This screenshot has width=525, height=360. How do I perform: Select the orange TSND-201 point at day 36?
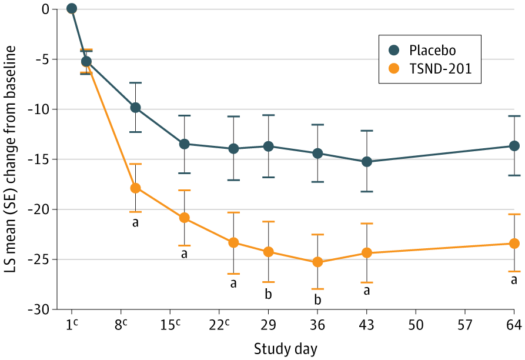[x=317, y=262]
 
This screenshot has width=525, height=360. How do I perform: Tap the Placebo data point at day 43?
[x=366, y=161]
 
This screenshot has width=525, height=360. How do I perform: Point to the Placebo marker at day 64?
[x=514, y=145]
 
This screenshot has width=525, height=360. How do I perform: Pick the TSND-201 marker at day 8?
[x=135, y=188]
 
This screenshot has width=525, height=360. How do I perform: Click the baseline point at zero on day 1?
[x=72, y=8]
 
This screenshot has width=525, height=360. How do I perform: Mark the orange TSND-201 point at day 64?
[x=514, y=243]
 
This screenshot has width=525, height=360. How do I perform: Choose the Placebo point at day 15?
[x=184, y=144]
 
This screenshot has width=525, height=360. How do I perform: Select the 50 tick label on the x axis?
[x=416, y=325]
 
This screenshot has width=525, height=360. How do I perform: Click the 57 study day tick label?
[x=465, y=325]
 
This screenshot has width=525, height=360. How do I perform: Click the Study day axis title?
[x=285, y=349]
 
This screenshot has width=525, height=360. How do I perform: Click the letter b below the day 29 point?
[x=268, y=293]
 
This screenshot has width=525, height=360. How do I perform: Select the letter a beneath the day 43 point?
[x=366, y=291]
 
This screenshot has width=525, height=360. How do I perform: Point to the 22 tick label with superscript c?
[x=219, y=325]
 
